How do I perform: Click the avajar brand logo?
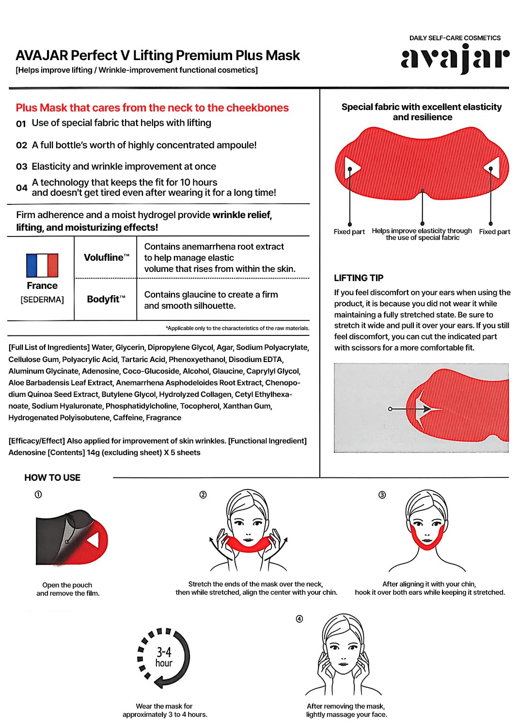(x=455, y=59)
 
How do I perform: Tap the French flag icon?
(x=42, y=265)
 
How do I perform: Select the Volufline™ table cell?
(x=106, y=257)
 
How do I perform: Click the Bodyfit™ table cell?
(x=106, y=299)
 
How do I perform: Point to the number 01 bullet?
(x=21, y=124)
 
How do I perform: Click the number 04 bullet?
(x=21, y=188)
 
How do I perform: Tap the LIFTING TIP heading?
(x=359, y=278)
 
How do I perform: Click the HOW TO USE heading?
(x=52, y=477)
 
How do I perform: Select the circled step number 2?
(x=203, y=495)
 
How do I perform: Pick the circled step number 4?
(x=299, y=619)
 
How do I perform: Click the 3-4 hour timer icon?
(x=164, y=658)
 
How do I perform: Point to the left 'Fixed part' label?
(x=349, y=232)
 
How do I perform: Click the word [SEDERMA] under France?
(x=42, y=300)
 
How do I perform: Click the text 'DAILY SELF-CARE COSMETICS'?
(x=455, y=38)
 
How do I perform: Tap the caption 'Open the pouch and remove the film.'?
(x=67, y=589)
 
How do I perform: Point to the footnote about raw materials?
(x=237, y=328)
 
